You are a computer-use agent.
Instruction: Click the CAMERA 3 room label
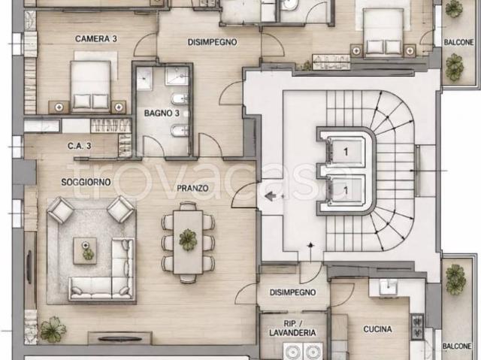[96, 39]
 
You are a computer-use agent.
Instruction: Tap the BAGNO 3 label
[162, 113]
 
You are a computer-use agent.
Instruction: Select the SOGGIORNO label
[86, 182]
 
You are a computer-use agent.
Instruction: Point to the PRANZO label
[192, 188]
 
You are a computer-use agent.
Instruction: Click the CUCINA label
[377, 329]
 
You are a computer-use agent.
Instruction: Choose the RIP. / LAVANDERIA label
[292, 328]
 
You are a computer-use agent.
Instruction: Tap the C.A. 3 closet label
[80, 146]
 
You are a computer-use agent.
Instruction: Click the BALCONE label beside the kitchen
[457, 346]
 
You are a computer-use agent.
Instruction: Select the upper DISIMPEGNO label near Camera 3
[212, 42]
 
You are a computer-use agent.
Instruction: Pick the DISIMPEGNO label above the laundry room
[292, 292]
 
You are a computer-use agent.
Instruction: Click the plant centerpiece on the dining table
[188, 240]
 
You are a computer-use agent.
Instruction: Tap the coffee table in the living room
[85, 251]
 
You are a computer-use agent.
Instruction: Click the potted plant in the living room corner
[53, 329]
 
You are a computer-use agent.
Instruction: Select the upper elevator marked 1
[346, 151]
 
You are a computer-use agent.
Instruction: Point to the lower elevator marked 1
[346, 190]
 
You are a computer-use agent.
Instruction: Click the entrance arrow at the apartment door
[270, 196]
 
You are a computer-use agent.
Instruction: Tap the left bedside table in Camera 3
[59, 107]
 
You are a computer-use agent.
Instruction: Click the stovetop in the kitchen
[418, 326]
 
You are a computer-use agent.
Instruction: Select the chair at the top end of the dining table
[188, 206]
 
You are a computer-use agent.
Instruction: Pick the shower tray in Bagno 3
[177, 76]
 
